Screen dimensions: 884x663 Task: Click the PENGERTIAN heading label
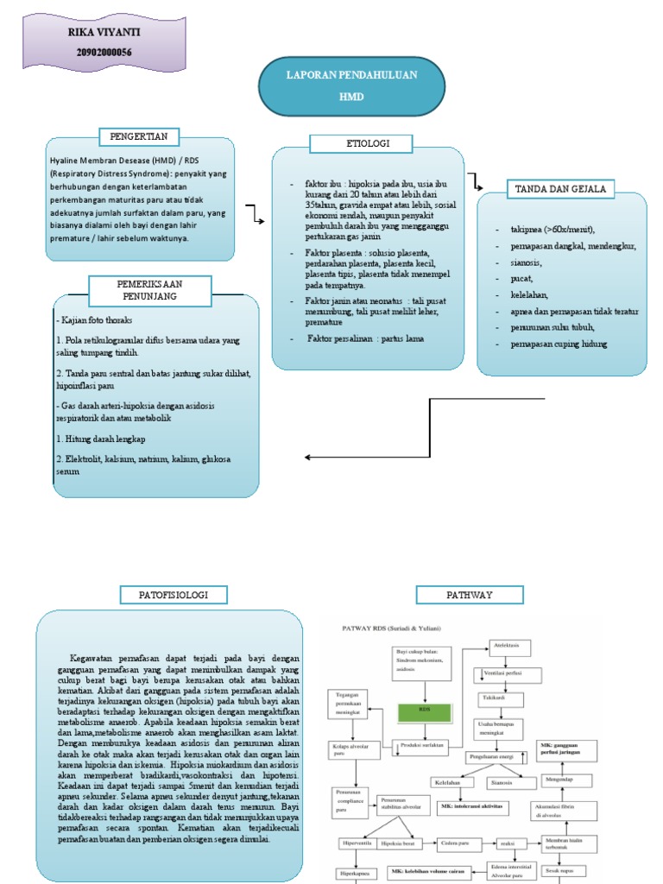click(139, 136)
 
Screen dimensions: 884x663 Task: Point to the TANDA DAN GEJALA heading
click(560, 188)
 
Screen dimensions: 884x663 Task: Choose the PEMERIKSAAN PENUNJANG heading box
click(148, 290)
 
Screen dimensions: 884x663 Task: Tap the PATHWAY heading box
click(469, 594)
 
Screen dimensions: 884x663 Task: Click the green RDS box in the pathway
click(423, 712)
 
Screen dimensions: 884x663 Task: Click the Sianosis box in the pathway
click(502, 783)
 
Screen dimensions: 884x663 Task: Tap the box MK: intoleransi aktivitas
click(471, 805)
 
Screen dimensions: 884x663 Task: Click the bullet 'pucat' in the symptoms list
click(509, 279)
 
